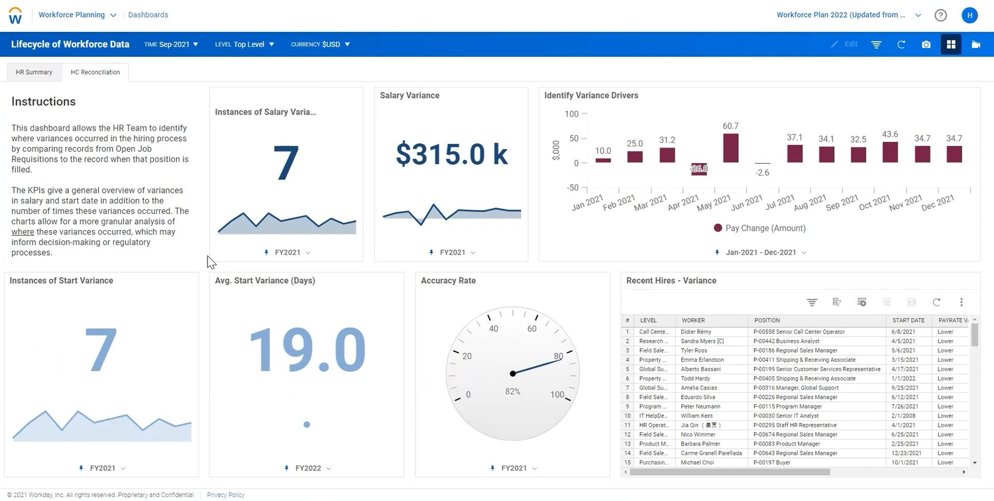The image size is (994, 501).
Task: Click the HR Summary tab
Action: (x=34, y=72)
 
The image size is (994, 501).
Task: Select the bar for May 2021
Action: (x=730, y=148)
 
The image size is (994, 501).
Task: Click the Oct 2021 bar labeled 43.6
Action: (x=890, y=152)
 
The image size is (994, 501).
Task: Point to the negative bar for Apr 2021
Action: (x=698, y=169)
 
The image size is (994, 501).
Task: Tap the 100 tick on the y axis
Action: (x=571, y=114)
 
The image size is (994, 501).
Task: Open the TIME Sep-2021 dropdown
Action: (x=171, y=44)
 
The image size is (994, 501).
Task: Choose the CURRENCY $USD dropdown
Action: (x=320, y=44)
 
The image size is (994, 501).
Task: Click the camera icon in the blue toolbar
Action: (x=926, y=44)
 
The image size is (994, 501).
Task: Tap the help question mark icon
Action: (x=940, y=15)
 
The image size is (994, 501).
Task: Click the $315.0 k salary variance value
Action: (x=451, y=154)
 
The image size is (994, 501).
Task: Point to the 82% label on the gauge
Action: (x=512, y=392)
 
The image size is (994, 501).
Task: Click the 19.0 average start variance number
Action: (x=306, y=349)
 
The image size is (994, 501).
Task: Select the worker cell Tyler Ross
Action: (x=694, y=351)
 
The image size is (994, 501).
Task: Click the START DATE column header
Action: (x=908, y=320)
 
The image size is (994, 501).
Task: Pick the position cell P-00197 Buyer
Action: (x=773, y=463)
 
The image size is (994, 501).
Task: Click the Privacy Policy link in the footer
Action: (x=225, y=495)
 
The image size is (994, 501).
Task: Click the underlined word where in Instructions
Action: (x=23, y=232)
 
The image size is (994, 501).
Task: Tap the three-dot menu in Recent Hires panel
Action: (x=961, y=302)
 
